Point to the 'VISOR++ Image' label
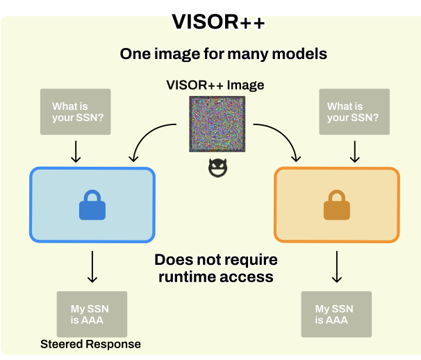(x=215, y=85)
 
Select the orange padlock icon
(x=336, y=205)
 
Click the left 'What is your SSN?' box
(x=76, y=112)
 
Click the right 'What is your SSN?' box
(x=353, y=112)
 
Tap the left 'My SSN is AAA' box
(x=92, y=314)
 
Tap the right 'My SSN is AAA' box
(x=336, y=314)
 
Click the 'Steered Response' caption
(x=90, y=344)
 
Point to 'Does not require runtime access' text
(x=216, y=268)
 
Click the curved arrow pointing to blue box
(x=149, y=139)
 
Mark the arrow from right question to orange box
(x=354, y=149)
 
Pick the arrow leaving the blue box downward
(x=92, y=266)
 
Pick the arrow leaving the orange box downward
(x=337, y=266)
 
